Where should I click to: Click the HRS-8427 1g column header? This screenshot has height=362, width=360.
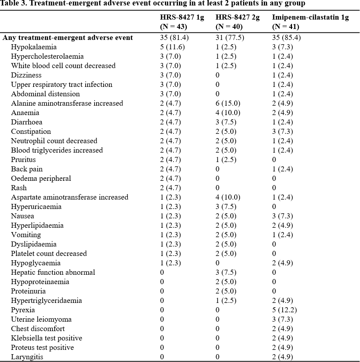pos(182,22)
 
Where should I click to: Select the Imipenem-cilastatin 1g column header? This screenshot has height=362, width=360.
pos(310,22)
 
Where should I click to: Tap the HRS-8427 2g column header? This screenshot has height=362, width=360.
pos(237,22)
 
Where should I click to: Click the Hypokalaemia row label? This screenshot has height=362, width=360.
pos(34,47)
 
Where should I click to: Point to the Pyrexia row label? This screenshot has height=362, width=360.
pos(23,310)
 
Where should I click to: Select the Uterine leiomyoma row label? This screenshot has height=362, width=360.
pos(41,319)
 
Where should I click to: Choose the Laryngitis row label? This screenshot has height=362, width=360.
pos(27,357)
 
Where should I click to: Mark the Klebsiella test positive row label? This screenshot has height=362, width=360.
pos(47,338)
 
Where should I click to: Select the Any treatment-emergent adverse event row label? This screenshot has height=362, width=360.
pos(68,38)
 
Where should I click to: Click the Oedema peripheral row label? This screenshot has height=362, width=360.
pos(41,178)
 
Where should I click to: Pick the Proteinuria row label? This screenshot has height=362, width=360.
pos(28,291)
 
